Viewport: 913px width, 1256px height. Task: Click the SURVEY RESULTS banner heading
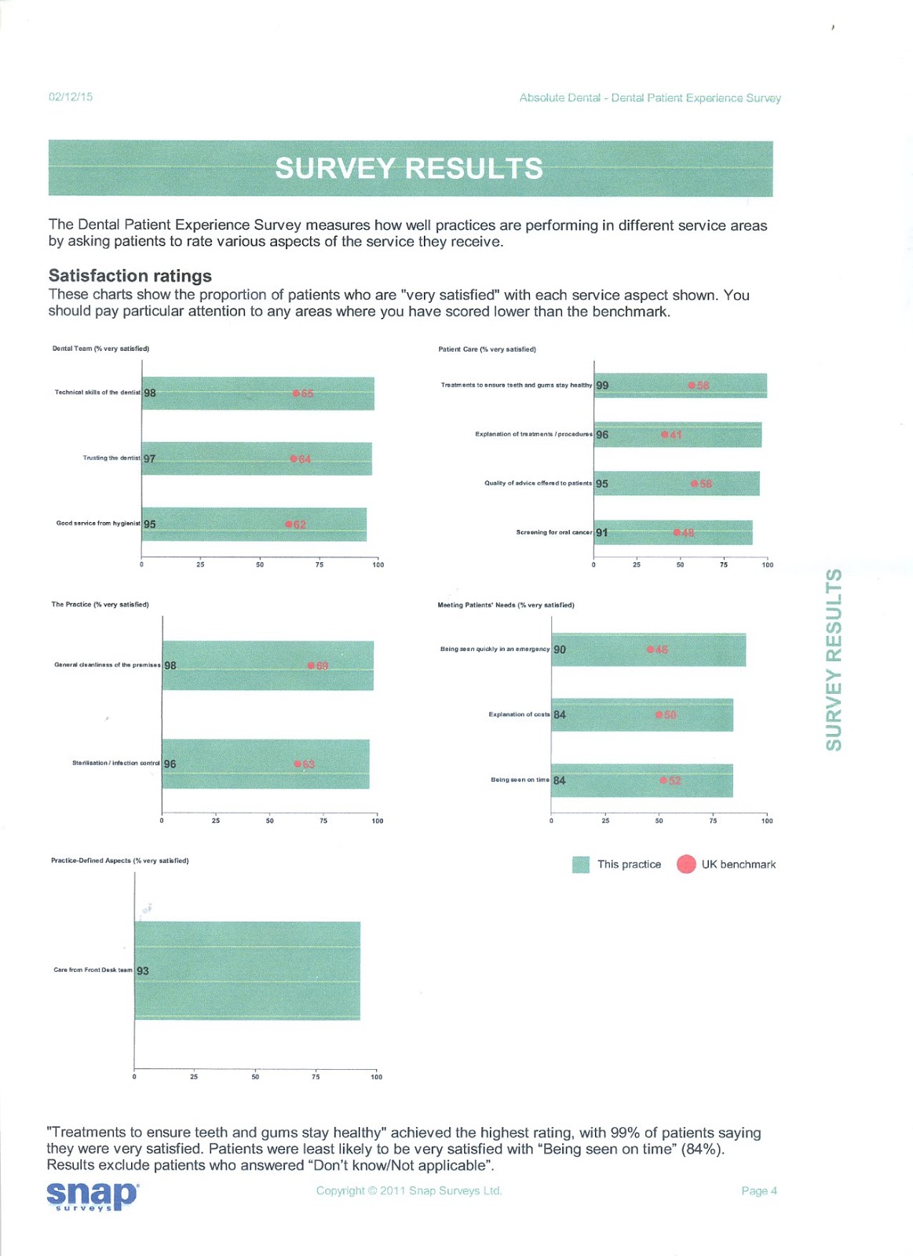coord(409,169)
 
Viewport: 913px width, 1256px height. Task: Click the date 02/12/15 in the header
coord(71,97)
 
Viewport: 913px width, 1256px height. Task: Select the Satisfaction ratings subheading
coord(130,276)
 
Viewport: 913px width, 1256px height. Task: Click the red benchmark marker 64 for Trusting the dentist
coord(294,458)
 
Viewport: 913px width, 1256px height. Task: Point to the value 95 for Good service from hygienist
coord(150,524)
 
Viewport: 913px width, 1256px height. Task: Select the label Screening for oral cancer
coord(553,532)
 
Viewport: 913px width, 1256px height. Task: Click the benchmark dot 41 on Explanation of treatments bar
coord(664,434)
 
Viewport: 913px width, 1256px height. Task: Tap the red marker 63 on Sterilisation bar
coord(298,764)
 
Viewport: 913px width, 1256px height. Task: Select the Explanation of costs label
coord(518,714)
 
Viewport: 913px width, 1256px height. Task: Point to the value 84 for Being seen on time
coord(559,780)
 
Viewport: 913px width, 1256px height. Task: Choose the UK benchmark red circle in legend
coord(686,864)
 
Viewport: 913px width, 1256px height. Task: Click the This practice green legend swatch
coord(581,865)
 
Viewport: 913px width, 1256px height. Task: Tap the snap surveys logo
coord(92,1196)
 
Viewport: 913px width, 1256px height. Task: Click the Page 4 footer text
coord(758,1191)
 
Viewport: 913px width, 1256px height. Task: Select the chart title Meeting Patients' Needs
coord(506,605)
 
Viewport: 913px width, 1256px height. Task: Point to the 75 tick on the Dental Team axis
coord(319,564)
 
